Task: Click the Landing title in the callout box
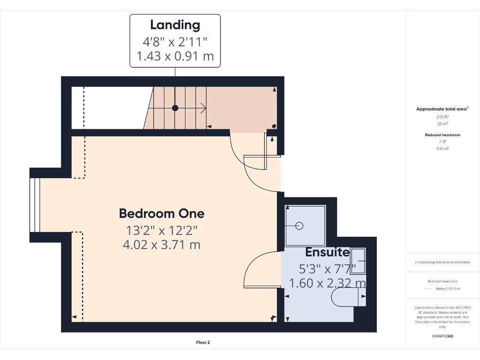[x=175, y=25]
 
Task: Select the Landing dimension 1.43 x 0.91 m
[x=175, y=57]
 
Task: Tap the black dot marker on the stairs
[x=175, y=108]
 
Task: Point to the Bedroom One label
[x=162, y=214]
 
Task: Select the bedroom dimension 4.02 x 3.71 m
[x=162, y=244]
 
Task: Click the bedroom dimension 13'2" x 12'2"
[x=162, y=230]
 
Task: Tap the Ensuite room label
[x=327, y=252]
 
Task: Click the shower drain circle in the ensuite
[x=300, y=226]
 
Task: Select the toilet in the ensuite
[x=348, y=297]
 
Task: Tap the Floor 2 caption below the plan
[x=203, y=343]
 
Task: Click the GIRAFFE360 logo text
[x=442, y=336]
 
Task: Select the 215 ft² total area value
[x=442, y=117]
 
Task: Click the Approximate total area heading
[x=442, y=109]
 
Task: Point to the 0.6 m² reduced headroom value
[x=442, y=149]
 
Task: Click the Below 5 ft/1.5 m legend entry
[x=448, y=289]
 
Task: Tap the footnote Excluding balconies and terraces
[x=442, y=262]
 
